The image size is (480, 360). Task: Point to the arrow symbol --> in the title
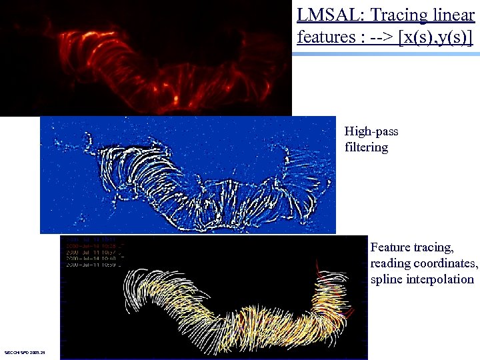[377, 37]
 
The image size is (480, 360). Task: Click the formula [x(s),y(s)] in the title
[435, 37]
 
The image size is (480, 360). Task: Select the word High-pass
[371, 131]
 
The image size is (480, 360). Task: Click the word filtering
[366, 147]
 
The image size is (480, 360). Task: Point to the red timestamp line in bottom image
[94, 245]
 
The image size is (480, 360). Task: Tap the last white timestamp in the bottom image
[94, 265]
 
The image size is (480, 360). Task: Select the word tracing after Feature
[434, 247]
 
